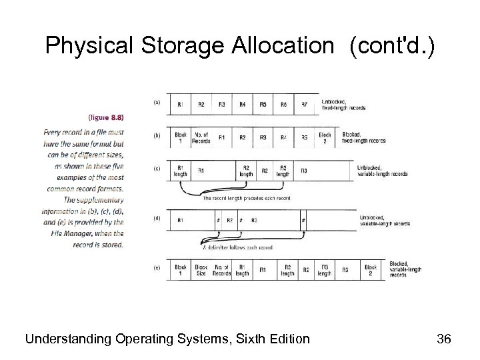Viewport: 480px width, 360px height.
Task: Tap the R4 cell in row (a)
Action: (x=242, y=105)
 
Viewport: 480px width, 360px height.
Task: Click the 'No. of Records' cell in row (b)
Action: (x=201, y=137)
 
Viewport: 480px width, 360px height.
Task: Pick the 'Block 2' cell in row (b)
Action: (x=325, y=137)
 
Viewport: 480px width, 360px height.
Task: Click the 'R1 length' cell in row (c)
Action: (x=181, y=170)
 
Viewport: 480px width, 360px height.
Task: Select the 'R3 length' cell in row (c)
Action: (x=283, y=170)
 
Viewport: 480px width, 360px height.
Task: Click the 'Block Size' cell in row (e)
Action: (x=201, y=270)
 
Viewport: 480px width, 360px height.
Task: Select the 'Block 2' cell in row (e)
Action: (x=371, y=270)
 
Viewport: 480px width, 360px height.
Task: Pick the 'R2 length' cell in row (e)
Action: (x=287, y=270)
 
